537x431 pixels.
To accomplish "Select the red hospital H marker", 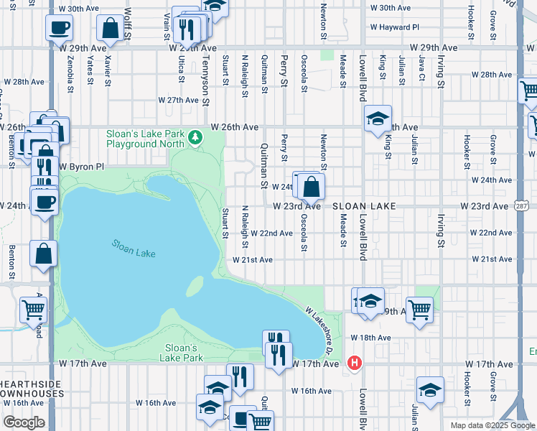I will [x=353, y=363].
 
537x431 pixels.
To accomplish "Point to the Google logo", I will [x=24, y=422].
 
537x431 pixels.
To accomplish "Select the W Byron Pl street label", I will [x=82, y=166].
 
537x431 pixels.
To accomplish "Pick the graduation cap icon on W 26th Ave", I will [x=378, y=119].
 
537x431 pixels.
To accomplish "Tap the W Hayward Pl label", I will [x=395, y=28].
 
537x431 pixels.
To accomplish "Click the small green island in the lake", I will [x=194, y=286].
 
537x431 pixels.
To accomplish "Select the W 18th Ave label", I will [x=370, y=338].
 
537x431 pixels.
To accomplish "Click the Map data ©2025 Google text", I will [x=492, y=425].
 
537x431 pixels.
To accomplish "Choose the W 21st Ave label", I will [x=252, y=259].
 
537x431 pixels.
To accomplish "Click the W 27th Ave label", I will [x=179, y=101].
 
